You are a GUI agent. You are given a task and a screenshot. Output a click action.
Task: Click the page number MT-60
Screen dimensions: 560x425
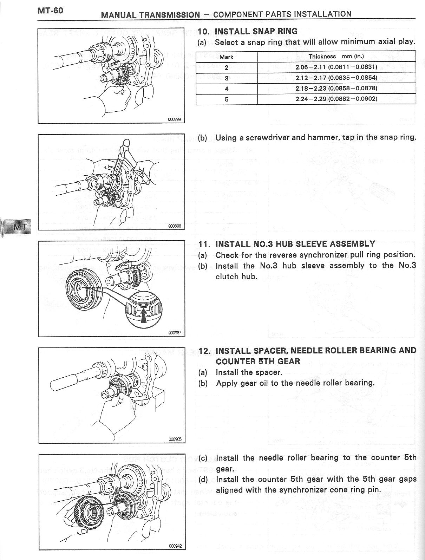point(50,10)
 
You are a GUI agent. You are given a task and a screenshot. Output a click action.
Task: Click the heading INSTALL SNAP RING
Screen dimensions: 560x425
point(256,31)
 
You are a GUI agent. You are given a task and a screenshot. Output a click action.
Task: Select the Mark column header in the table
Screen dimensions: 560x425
point(227,57)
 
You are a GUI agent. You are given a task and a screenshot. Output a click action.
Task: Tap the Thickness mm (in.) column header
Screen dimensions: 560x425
point(336,56)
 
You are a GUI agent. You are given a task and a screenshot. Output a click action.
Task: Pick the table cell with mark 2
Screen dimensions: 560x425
point(227,67)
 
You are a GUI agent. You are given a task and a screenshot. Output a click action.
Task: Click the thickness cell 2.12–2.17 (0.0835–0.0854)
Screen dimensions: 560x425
point(336,78)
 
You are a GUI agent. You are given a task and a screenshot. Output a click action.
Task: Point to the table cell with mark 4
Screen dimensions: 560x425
point(227,89)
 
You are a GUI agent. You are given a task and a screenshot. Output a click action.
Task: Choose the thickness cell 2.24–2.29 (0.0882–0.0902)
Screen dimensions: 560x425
point(336,99)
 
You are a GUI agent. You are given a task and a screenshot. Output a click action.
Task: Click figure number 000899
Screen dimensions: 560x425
point(174,119)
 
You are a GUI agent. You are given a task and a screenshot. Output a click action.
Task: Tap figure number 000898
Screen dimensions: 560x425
point(175,226)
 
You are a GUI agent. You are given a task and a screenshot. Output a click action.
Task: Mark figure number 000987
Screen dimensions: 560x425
point(175,333)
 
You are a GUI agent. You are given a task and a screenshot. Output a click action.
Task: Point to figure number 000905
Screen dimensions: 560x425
point(175,439)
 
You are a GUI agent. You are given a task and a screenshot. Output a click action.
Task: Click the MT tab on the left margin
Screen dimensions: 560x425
point(18,227)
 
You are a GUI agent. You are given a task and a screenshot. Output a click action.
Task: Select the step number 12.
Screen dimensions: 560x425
point(204,351)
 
